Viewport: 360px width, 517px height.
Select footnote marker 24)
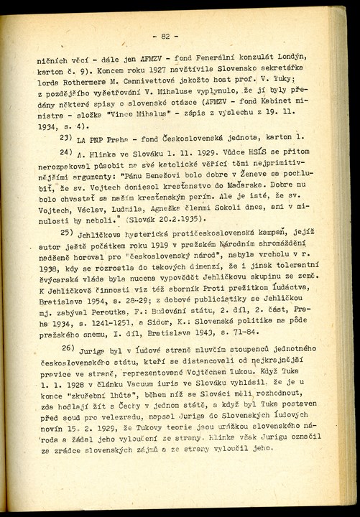pos(67,173)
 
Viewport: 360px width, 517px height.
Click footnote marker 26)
pos(67,367)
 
